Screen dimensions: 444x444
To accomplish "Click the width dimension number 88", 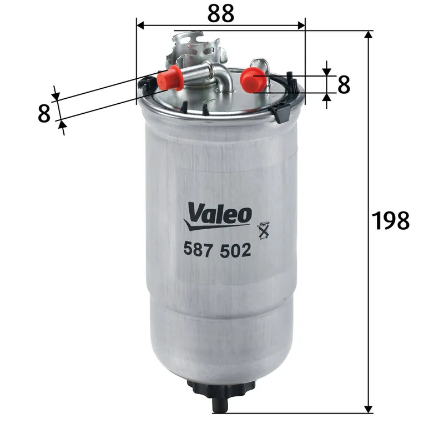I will [x=221, y=13].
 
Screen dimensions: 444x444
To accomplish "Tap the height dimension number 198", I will [x=390, y=221].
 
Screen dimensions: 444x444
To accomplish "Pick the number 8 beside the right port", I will [x=344, y=84].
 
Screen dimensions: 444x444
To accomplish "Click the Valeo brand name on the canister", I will [x=220, y=213].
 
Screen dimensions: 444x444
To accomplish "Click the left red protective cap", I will [x=170, y=78].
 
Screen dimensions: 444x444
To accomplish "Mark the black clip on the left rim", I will [x=148, y=83].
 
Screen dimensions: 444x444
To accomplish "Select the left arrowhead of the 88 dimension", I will [x=141, y=26].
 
